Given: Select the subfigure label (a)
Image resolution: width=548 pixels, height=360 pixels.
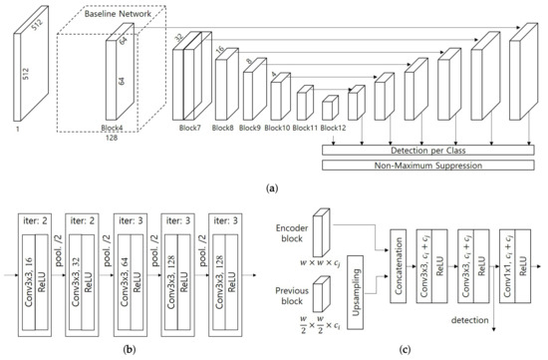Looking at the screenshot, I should click(273, 185).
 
